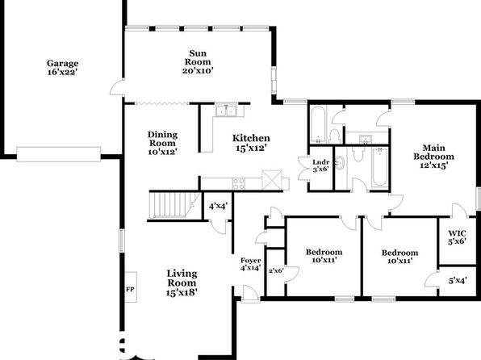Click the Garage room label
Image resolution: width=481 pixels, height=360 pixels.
[63, 64]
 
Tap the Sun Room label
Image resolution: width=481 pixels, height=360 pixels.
[198, 57]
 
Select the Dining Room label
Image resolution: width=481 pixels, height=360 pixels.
[162, 139]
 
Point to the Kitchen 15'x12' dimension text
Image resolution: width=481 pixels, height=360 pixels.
[251, 148]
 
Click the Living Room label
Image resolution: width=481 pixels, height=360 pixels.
[182, 278]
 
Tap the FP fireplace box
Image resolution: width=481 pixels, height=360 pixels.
[131, 287]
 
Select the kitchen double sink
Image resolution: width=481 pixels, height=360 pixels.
[227, 111]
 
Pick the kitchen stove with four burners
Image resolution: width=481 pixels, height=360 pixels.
[239, 183]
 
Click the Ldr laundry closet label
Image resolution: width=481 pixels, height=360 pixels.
[321, 162]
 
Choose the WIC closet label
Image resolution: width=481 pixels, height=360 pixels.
[457, 233]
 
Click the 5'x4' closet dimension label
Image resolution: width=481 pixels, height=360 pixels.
[458, 281]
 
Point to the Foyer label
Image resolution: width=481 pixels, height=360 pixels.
[251, 261]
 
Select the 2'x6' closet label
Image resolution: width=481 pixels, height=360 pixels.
[276, 270]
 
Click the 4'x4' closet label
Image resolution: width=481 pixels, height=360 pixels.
[218, 206]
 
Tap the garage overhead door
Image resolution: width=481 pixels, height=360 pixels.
[59, 154]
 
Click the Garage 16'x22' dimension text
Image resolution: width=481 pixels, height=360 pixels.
[61, 73]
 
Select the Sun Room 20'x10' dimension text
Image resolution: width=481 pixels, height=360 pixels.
[198, 70]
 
